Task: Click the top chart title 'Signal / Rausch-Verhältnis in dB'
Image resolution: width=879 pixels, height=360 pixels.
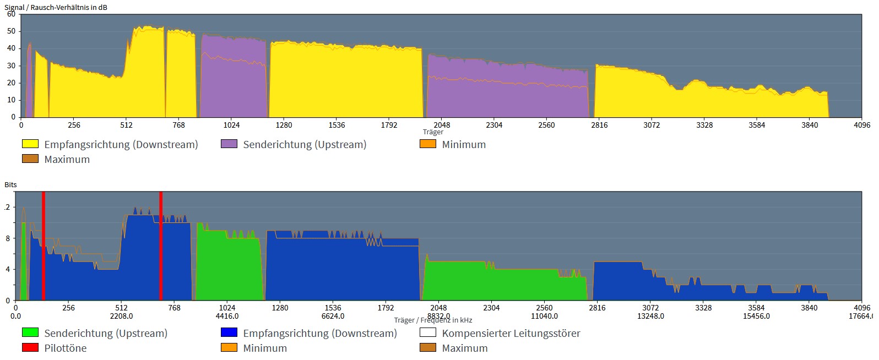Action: [56, 7]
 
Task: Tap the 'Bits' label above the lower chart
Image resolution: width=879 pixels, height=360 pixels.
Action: [10, 184]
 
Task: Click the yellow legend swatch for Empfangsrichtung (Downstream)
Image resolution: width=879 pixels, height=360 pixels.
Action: [30, 144]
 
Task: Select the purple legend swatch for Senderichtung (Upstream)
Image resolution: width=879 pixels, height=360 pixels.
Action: [229, 144]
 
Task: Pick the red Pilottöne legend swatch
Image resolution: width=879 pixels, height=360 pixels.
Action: [30, 348]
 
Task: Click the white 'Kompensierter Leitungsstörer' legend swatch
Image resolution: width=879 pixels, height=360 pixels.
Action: [428, 333]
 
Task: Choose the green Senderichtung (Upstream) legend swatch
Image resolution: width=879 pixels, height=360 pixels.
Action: [30, 333]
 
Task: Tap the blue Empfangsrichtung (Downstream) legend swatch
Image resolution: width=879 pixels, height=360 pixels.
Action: [229, 333]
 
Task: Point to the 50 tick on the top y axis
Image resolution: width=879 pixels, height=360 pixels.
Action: [11, 31]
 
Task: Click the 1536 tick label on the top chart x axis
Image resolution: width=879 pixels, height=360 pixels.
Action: [337, 125]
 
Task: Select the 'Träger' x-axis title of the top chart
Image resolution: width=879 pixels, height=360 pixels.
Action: [433, 132]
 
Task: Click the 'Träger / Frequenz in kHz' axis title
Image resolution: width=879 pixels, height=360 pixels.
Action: [433, 320]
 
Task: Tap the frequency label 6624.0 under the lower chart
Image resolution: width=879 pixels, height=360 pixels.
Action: [333, 316]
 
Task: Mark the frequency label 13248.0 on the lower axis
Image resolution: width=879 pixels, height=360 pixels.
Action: [650, 316]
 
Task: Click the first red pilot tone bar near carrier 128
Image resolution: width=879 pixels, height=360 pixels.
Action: [44, 246]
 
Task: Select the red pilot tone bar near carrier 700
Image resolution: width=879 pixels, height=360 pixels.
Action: [161, 246]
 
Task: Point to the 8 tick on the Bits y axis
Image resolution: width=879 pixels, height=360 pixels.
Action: [8, 238]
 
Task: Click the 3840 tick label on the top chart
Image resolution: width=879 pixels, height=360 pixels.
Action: [810, 125]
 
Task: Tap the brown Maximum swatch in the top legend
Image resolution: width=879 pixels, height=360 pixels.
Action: [30, 159]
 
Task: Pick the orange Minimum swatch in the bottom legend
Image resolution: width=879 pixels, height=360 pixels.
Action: [229, 348]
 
